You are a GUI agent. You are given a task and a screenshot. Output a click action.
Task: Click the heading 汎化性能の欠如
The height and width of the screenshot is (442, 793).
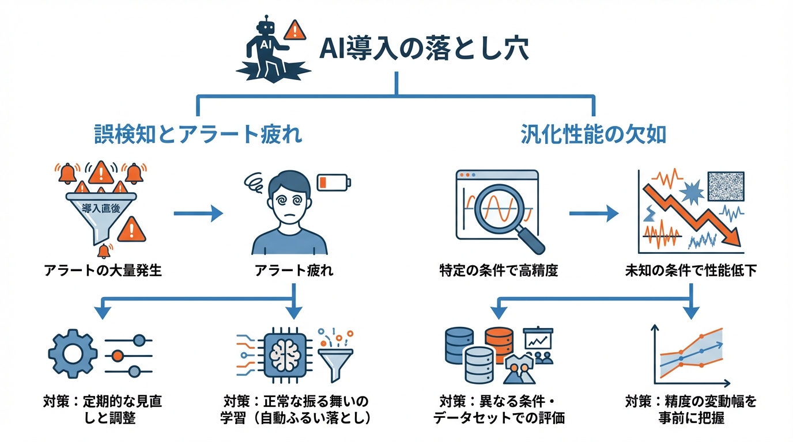click(593, 135)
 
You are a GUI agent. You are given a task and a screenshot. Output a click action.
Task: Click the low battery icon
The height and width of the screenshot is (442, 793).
click(334, 182)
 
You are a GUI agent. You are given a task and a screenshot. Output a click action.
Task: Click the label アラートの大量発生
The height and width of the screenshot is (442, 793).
click(103, 270)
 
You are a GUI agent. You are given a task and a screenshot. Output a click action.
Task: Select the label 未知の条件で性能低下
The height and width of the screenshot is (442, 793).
click(691, 270)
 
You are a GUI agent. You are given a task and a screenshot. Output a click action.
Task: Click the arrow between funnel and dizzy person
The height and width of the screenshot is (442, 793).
click(198, 214)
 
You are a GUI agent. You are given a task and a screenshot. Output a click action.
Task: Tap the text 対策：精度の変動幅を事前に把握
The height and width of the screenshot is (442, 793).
click(691, 409)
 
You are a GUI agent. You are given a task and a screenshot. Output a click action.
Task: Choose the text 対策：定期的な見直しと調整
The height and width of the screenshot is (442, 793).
click(103, 409)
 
